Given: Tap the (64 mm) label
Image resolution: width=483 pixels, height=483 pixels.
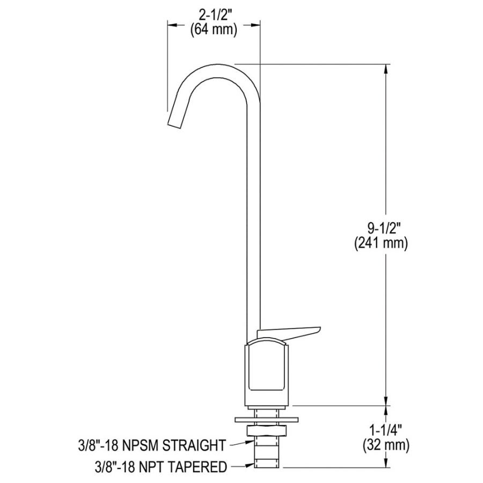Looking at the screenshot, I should pyautogui.click(x=214, y=30).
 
